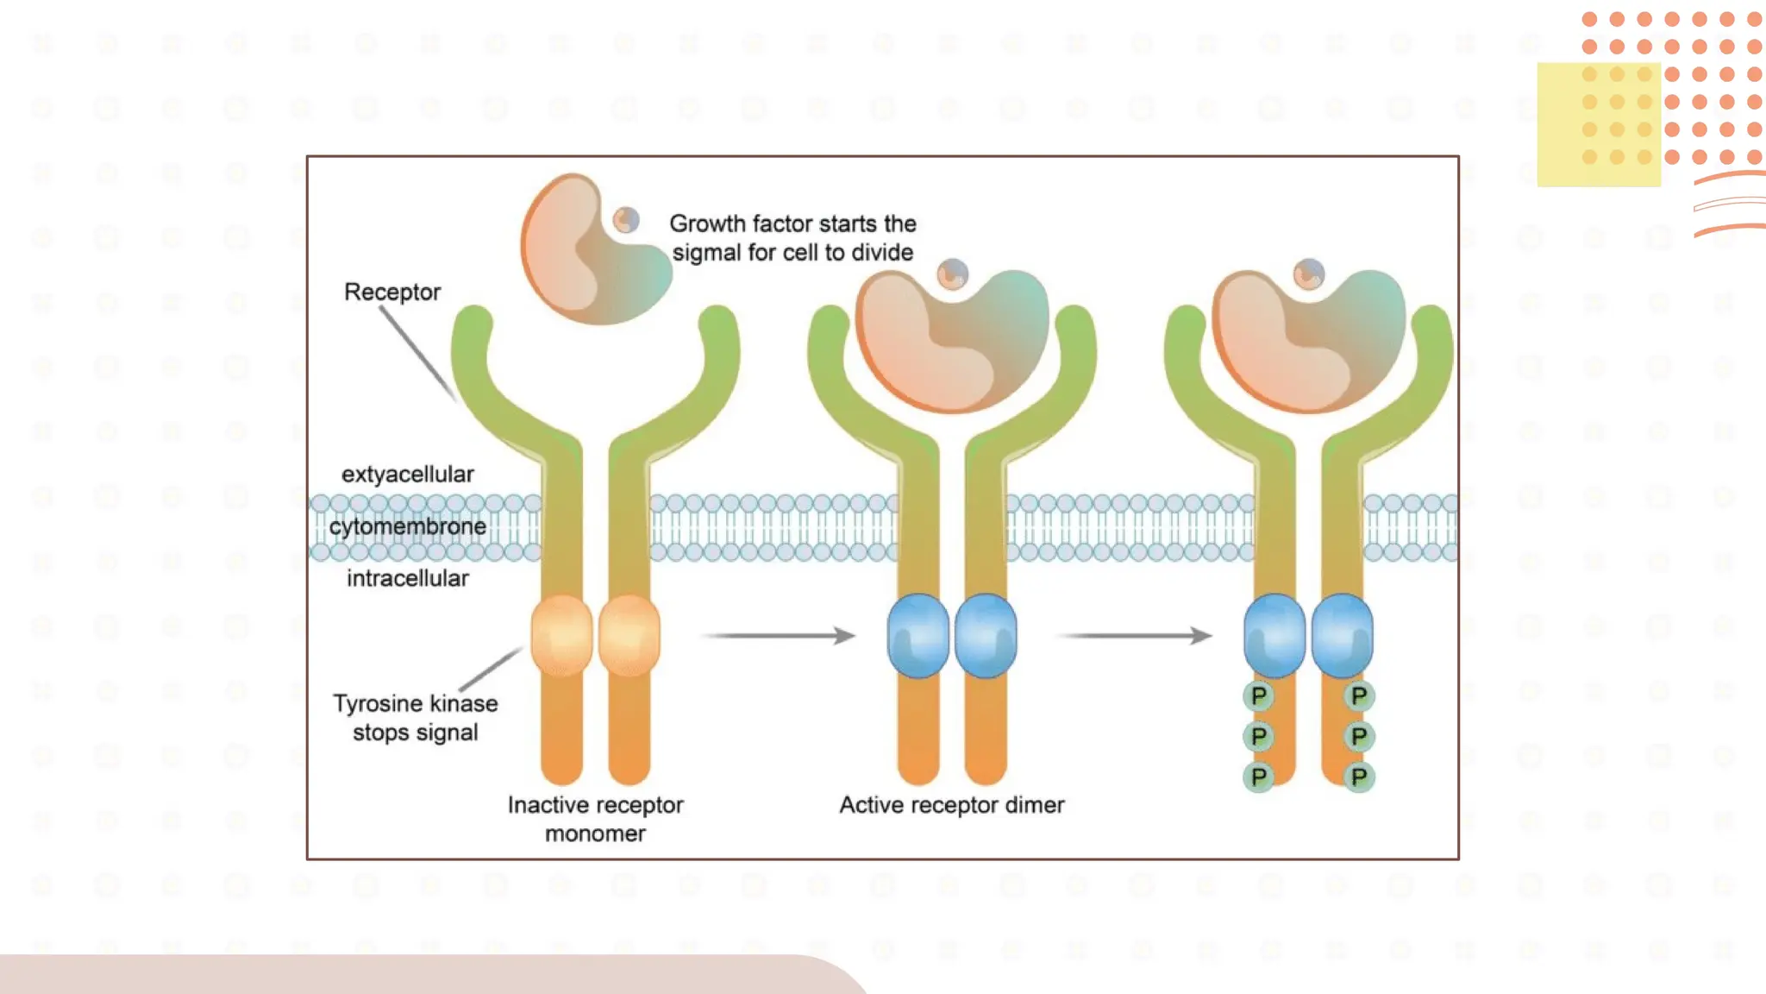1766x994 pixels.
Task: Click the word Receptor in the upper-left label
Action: tap(391, 292)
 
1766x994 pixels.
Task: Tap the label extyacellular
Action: tap(407, 474)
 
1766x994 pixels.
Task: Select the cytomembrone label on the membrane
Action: tap(407, 525)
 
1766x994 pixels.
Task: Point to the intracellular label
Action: tap(407, 577)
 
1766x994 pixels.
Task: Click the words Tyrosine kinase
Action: tap(415, 703)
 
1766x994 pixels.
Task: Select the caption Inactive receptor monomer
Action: tap(595, 818)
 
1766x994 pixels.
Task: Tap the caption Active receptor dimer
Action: tap(951, 804)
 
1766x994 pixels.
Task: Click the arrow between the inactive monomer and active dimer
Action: tap(779, 636)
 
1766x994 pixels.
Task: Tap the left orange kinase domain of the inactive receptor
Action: tap(561, 636)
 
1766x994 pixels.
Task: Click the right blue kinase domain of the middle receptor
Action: tap(986, 636)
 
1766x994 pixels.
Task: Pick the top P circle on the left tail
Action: tap(1259, 695)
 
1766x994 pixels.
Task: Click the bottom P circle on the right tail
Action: tap(1359, 777)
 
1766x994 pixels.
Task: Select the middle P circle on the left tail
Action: tap(1259, 736)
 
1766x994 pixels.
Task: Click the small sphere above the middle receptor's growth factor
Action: tap(953, 275)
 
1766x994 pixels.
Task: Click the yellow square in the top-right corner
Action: tap(1598, 124)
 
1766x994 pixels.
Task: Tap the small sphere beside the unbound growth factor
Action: tap(627, 220)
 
